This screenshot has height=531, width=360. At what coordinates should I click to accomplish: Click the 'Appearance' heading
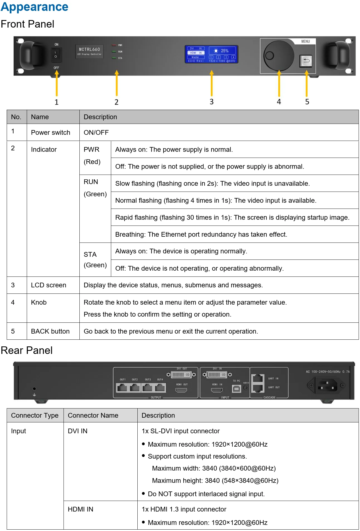[x=35, y=7]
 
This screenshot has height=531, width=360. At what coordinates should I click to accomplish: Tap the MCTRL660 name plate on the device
[x=89, y=52]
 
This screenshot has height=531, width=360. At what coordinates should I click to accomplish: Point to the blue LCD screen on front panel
[x=211, y=54]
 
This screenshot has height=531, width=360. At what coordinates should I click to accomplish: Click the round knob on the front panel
[x=279, y=55]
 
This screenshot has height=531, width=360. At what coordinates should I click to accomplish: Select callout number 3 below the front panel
[x=211, y=102]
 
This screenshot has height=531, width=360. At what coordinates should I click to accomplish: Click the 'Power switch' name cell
[x=50, y=133]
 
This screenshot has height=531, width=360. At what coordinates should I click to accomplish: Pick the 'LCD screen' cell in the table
[x=48, y=285]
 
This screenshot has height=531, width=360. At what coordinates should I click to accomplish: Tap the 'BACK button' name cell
[x=50, y=331]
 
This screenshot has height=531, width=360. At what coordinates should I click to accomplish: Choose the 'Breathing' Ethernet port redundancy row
[x=201, y=234]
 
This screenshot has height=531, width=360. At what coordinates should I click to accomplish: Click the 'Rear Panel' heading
[x=27, y=350]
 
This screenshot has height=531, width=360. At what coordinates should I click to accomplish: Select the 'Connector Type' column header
[x=35, y=415]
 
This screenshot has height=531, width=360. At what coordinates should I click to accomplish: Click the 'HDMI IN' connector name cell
[x=81, y=509]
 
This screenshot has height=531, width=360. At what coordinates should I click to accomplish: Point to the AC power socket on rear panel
[x=326, y=386]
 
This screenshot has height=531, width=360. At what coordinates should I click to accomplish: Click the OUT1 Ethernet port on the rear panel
[x=122, y=387]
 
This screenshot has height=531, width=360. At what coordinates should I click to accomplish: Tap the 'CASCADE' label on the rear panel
[x=269, y=398]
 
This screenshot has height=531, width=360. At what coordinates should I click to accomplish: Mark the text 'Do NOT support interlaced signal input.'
[x=206, y=494]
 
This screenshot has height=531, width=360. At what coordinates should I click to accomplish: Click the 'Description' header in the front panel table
[x=100, y=117]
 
